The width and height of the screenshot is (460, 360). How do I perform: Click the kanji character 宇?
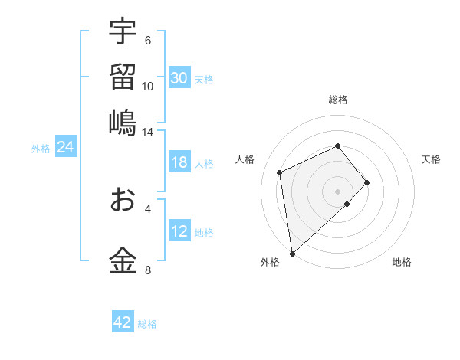(x=123, y=31)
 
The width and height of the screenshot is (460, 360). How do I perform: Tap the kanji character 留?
(x=123, y=77)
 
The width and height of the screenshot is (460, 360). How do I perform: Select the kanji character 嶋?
(x=123, y=123)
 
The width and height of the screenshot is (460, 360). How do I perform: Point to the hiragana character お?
(x=123, y=199)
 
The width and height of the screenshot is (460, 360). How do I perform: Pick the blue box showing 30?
(x=179, y=78)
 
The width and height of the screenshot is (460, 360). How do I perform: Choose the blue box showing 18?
(x=179, y=162)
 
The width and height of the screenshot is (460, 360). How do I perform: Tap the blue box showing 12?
(x=179, y=231)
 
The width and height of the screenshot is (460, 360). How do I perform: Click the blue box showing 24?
(x=65, y=147)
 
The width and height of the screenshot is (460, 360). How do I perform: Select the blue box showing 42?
(x=123, y=322)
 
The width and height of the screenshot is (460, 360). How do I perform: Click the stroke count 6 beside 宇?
(x=148, y=41)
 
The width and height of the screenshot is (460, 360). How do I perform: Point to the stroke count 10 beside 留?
(x=148, y=86)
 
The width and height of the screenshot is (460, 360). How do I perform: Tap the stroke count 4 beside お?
(x=148, y=208)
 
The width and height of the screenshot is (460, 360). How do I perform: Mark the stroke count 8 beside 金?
(x=148, y=270)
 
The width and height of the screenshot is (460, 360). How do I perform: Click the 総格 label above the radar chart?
(x=338, y=100)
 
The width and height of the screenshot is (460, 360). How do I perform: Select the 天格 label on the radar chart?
(x=432, y=159)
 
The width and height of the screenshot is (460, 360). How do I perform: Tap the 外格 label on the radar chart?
(x=270, y=262)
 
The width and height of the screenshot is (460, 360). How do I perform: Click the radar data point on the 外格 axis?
(x=292, y=253)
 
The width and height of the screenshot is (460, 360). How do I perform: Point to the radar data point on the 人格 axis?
(x=280, y=172)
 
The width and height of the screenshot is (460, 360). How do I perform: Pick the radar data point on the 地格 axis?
(x=347, y=204)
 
